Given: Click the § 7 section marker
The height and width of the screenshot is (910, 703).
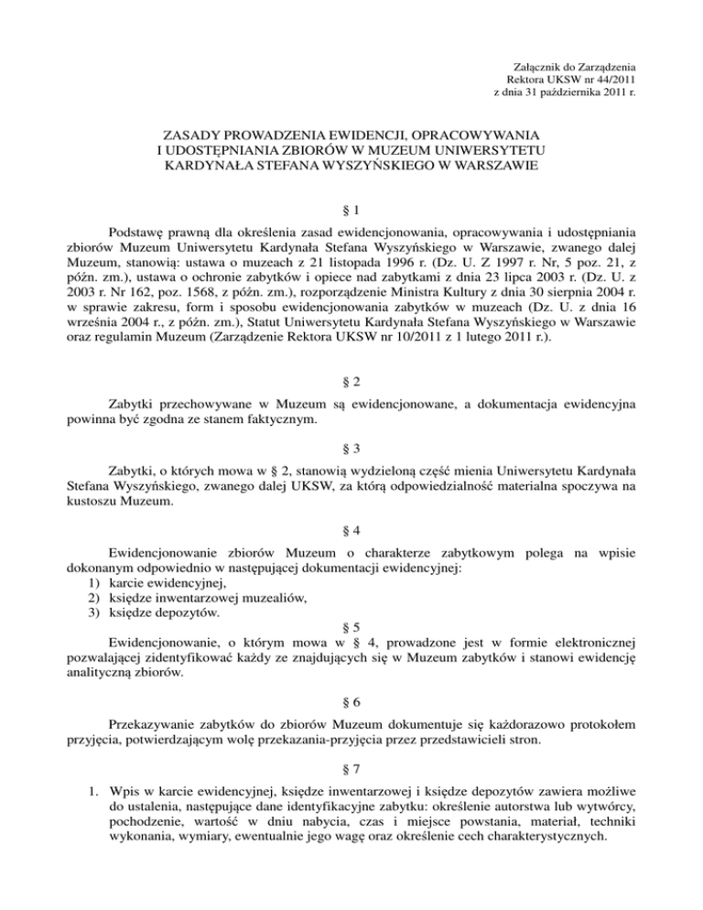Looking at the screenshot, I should click(x=351, y=774).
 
